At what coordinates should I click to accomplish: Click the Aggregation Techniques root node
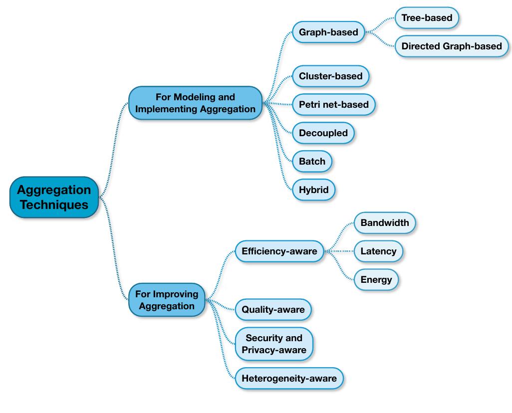[x=54, y=197]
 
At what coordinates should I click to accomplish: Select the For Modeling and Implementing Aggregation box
[x=195, y=103]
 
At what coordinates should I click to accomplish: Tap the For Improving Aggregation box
[x=167, y=300]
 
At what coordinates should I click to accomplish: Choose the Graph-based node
[x=328, y=32]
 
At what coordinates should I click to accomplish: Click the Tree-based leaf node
[x=427, y=18]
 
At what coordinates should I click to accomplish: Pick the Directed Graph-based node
[x=452, y=46]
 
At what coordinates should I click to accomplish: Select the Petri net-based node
[x=333, y=105]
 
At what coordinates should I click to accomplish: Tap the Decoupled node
[x=323, y=133]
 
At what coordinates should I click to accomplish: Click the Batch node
[x=312, y=161]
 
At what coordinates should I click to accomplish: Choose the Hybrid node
[x=313, y=190]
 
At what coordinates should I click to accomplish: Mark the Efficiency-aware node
[x=279, y=251]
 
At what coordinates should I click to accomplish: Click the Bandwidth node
[x=384, y=222]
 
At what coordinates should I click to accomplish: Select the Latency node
[x=378, y=251]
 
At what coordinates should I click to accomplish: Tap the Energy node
[x=376, y=280]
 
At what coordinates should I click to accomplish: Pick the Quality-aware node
[x=273, y=310]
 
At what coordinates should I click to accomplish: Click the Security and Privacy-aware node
[x=274, y=344]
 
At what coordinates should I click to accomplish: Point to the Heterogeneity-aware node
[x=289, y=379]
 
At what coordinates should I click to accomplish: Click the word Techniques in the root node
[x=54, y=205]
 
